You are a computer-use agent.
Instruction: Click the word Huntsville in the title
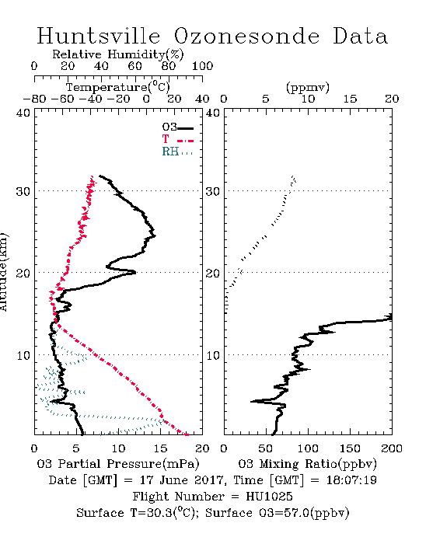pos(99,36)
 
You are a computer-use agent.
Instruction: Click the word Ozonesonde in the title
pos(246,36)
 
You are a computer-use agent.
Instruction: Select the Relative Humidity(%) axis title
pos(118,54)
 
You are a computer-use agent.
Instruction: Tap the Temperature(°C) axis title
pos(118,87)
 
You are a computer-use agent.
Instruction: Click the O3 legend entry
pos(177,127)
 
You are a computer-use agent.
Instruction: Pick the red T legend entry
pos(177,139)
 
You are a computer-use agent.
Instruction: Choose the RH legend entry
pos(177,152)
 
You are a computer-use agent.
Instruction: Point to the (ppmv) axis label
pos(308,87)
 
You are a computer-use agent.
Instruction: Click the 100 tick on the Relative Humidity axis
pos(202,66)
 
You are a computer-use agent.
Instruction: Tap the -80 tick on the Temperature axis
pos(34,99)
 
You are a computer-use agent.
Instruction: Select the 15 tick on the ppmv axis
pos(350,99)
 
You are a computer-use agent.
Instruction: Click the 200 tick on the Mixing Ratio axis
pos(392,448)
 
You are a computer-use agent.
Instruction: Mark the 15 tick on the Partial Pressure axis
pos(160,448)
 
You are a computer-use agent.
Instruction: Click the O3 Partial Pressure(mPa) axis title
pos(118,464)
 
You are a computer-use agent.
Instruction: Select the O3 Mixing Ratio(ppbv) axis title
pos(307,464)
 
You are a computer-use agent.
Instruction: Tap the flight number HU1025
pos(269,497)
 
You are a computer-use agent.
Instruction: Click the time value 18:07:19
pos(351,480)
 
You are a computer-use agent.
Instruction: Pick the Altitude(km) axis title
pos(3,272)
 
